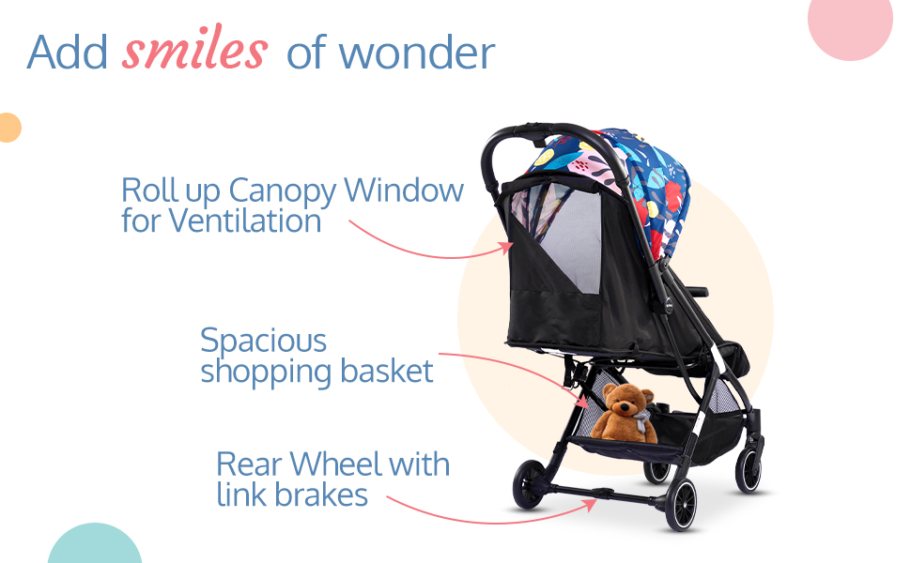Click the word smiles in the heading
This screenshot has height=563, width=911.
(194, 48)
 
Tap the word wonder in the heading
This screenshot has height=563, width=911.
(417, 53)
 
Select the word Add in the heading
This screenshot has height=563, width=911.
(68, 53)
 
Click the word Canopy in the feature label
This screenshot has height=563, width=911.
(283, 191)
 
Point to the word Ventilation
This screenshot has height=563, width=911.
(244, 221)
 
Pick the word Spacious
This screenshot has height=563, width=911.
(263, 341)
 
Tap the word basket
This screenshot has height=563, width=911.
(386, 371)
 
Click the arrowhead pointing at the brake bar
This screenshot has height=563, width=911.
(591, 504)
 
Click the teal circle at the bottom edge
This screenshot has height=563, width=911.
(95, 545)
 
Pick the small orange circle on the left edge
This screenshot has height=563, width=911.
(10, 128)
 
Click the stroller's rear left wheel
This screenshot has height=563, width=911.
(530, 484)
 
